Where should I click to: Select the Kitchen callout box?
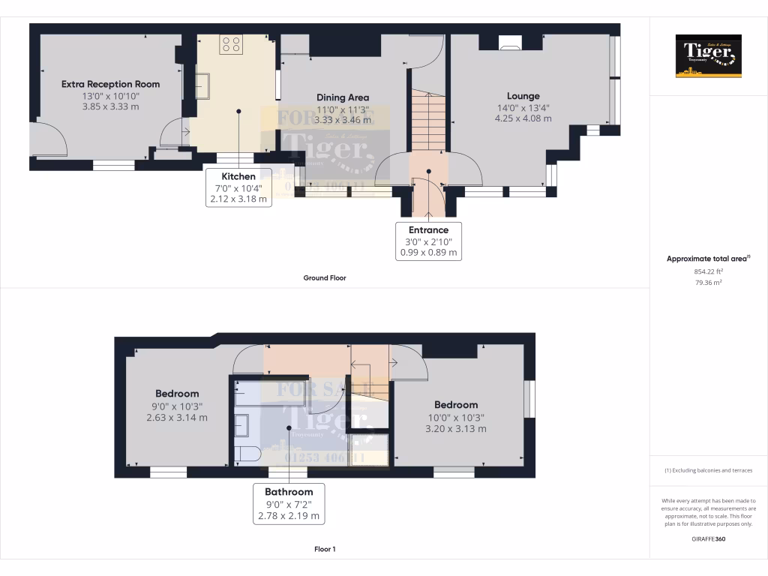coord(238,187)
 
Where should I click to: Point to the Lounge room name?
coord(523,96)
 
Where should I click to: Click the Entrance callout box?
coord(428,241)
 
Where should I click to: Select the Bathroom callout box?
coord(289,503)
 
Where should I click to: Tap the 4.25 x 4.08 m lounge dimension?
coord(523,118)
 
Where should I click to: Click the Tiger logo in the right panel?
coord(708,55)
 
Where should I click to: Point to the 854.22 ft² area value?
coord(708,272)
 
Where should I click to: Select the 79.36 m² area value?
coord(708,283)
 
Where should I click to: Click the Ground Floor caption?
coord(324,277)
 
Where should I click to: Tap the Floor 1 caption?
coord(324,549)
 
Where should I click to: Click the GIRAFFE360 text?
coord(708,538)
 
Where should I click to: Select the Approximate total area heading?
coord(707,259)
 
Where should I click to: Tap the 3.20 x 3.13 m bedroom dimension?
coord(455,429)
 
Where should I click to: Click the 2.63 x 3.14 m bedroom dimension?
coord(177,418)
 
